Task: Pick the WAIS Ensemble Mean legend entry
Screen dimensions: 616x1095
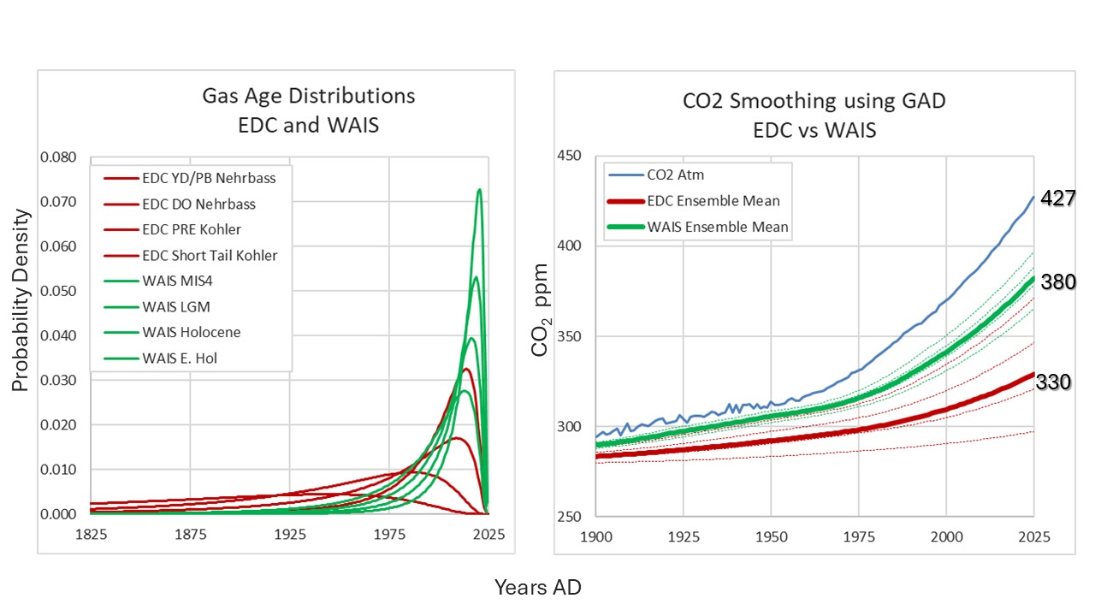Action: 717,227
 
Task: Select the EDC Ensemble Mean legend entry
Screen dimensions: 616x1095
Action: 714,202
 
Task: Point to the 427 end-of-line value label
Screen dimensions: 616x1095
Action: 1057,198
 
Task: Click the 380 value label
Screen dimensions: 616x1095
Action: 1057,282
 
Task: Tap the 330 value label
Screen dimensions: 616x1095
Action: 1053,382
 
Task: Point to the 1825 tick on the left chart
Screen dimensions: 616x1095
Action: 92,535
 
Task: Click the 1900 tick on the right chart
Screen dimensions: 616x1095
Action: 595,537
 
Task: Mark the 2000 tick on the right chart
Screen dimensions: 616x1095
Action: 945,537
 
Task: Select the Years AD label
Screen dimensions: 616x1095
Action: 537,588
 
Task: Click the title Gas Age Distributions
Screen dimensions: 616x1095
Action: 308,96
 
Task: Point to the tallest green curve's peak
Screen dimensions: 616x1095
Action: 479,189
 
